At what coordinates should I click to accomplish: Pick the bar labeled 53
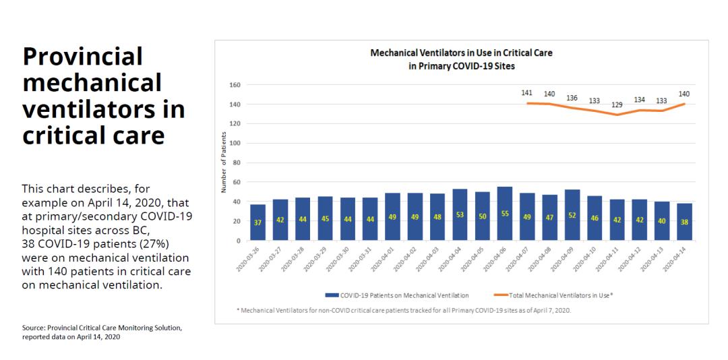460,214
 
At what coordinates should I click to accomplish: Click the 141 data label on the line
527,92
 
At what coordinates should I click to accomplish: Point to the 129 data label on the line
617,104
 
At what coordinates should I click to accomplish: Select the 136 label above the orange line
572,98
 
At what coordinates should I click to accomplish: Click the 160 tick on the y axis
235,86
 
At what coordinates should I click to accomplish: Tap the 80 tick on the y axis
237,163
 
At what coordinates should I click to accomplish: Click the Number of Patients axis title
223,162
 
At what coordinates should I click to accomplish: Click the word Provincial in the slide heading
83,57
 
